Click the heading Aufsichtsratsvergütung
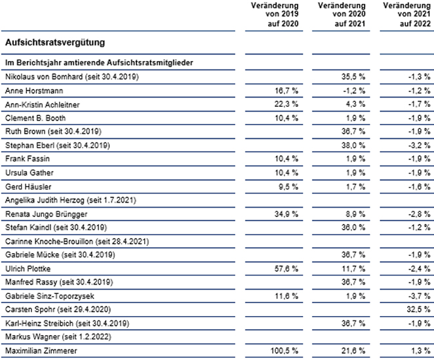(55, 43)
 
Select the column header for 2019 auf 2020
(275, 14)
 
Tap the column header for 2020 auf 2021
(342, 14)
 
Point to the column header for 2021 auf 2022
(407, 14)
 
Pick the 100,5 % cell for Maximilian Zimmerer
(285, 351)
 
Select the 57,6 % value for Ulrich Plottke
(286, 269)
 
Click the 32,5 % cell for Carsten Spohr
(418, 309)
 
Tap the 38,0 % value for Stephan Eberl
(353, 145)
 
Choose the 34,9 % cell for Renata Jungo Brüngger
(286, 214)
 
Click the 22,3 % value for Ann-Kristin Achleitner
(286, 104)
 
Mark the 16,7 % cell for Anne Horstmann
(286, 90)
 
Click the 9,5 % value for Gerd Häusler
(288, 187)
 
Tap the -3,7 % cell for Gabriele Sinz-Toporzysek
(420, 296)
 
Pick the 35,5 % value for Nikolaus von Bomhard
(353, 77)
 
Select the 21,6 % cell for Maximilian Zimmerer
(353, 351)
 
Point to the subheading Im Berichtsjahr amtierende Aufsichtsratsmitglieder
(99, 62)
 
